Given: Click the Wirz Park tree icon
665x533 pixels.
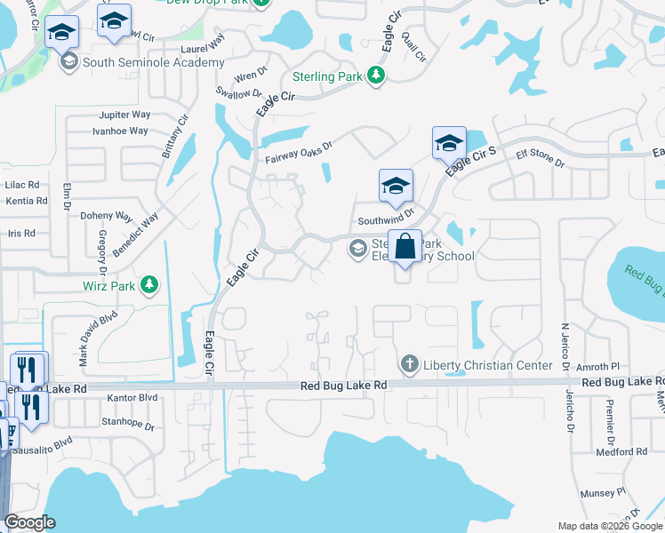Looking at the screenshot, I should click(x=150, y=284).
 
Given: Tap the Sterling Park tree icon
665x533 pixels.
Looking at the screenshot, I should click(x=377, y=76).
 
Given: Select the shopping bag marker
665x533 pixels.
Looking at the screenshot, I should click(x=405, y=247).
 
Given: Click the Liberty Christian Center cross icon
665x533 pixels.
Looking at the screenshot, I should click(x=409, y=363).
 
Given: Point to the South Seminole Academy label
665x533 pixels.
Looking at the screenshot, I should click(x=153, y=63).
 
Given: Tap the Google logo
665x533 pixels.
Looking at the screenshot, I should click(x=29, y=522).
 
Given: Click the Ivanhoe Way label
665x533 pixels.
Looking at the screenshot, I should click(x=120, y=131).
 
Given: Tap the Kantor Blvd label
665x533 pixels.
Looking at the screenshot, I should click(x=132, y=398).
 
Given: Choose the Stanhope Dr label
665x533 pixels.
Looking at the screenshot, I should click(x=128, y=422).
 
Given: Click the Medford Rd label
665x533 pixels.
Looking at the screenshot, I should click(x=622, y=452).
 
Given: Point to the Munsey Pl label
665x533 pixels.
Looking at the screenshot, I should click(x=604, y=491).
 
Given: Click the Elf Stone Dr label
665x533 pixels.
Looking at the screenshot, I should click(x=541, y=157).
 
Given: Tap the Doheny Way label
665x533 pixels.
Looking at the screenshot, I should click(x=106, y=216).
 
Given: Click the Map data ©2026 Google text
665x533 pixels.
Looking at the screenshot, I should click(x=610, y=526).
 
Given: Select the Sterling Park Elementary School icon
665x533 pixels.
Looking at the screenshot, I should click(x=358, y=249).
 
